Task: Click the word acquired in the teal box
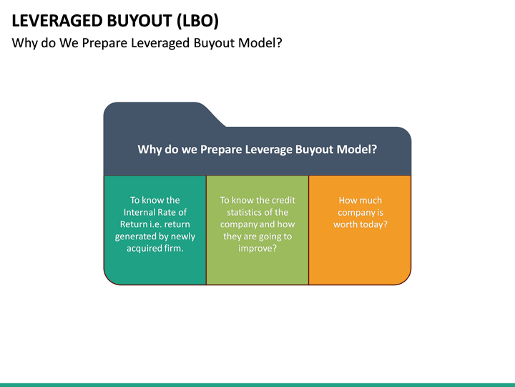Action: tap(145, 249)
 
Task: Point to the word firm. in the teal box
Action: tap(174, 249)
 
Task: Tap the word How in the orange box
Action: tap(349, 200)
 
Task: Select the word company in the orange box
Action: tap(355, 212)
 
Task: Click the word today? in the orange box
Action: tap(374, 224)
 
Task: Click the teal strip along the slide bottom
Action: tap(257, 384)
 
